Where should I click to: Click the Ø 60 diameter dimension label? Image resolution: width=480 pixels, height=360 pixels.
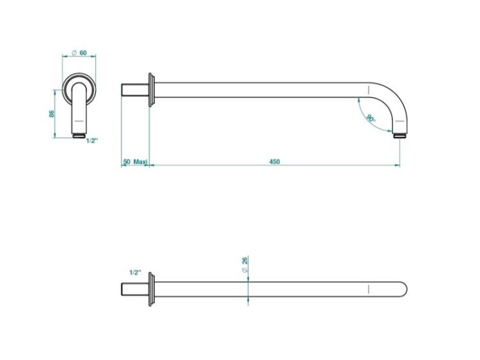[79, 52]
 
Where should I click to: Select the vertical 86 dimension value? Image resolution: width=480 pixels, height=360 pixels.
[52, 114]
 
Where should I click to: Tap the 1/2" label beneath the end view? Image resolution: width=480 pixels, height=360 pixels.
[92, 141]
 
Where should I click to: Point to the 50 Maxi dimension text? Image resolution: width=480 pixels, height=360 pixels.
[135, 161]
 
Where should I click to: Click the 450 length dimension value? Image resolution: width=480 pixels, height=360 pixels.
[275, 161]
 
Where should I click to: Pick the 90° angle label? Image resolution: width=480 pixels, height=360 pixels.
[371, 118]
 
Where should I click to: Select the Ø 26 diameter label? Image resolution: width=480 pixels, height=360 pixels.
[244, 265]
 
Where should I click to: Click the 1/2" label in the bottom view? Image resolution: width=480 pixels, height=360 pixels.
[135, 272]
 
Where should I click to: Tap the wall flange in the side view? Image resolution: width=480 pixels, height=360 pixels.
[151, 90]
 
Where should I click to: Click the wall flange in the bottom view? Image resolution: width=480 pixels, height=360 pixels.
[151, 289]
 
